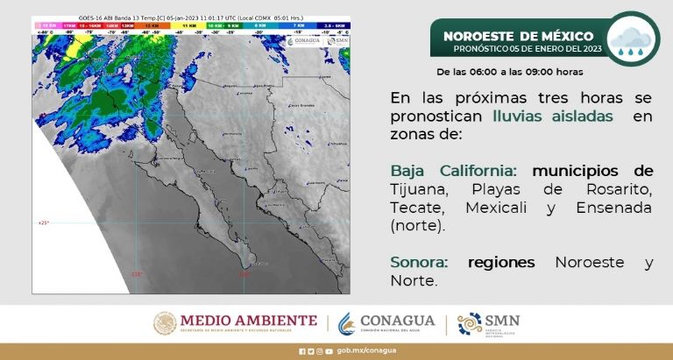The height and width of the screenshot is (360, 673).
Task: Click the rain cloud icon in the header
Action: pyautogui.click(x=633, y=40)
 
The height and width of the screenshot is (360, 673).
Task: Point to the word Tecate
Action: pyautogui.click(x=418, y=208)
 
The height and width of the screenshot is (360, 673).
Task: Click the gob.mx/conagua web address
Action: pyautogui.click(x=354, y=351)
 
